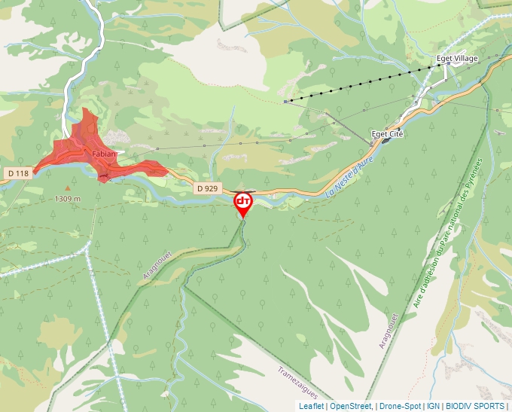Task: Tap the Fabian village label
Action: click(x=104, y=154)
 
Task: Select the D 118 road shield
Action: click(x=18, y=173)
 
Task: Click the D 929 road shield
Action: click(x=207, y=188)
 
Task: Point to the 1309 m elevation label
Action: click(x=68, y=199)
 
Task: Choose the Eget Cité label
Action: click(x=389, y=133)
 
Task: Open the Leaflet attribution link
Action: click(x=311, y=406)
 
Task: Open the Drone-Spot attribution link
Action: click(x=401, y=406)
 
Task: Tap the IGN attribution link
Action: click(x=433, y=406)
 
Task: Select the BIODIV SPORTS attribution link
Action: click(x=475, y=406)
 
